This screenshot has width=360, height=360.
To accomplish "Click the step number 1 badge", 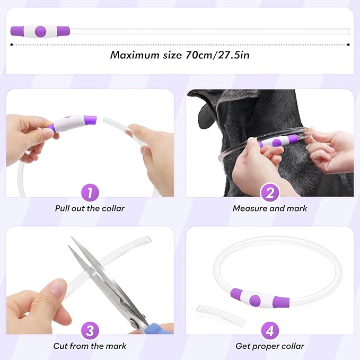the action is tap(90, 192).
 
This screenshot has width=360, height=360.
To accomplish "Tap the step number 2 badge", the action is tap(270, 192).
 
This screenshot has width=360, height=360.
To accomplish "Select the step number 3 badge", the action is tap(90, 331).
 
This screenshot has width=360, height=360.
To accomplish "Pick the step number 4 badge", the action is tap(270, 331).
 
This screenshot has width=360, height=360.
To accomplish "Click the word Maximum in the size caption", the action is tap(135, 55).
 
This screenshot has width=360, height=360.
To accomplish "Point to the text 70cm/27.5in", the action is tap(217, 55).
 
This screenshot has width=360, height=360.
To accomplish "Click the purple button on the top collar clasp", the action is tap(40, 31).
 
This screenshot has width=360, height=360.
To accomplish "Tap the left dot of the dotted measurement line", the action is tap(12, 45).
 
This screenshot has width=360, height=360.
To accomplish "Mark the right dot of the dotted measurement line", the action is tap(348, 45).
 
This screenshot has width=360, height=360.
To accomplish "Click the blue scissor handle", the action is tap(159, 328).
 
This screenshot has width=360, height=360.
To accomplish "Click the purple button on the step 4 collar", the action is tap(255, 301).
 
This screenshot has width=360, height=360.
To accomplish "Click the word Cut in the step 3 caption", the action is tap(60, 346).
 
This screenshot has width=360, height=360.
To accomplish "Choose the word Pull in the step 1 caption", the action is tap(62, 208).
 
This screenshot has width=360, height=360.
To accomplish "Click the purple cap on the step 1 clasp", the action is tap(90, 120).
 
